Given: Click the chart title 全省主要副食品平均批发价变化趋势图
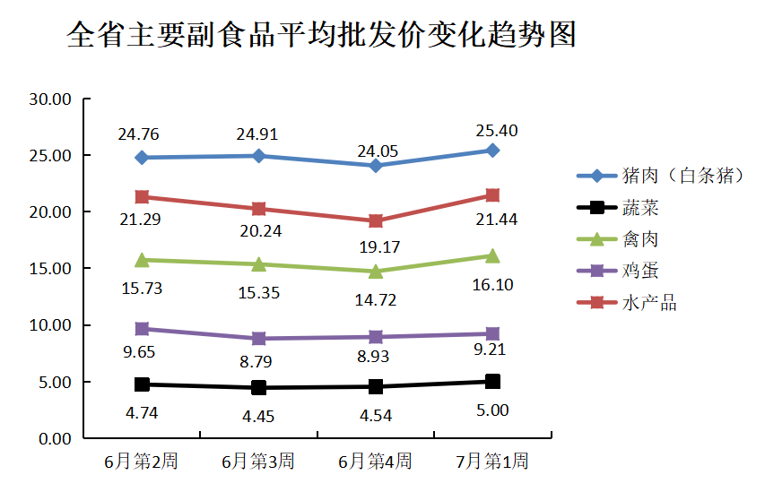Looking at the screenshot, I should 322,35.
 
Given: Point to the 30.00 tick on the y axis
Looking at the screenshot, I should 50,99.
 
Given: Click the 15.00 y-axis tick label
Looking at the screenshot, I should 50,269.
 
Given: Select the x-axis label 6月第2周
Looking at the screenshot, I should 141,462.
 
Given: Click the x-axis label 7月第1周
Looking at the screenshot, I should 492,462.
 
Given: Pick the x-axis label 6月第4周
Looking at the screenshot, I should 375,462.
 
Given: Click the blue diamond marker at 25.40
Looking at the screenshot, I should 492,151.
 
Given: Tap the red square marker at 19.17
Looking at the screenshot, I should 376,220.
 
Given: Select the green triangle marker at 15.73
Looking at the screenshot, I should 142,260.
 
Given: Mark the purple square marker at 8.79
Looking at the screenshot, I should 258,339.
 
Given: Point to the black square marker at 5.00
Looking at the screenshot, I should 492,382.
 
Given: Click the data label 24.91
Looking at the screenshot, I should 257,135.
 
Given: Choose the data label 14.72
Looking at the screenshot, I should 375,300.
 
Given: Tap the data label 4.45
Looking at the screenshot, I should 257,416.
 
